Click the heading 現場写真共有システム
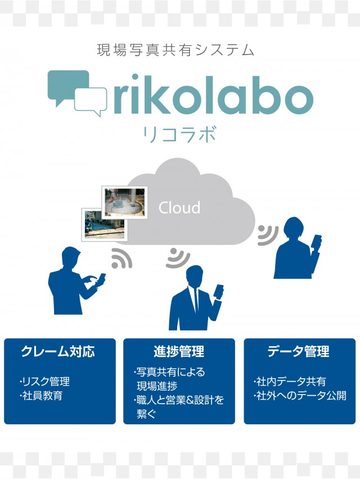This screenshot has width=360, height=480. click(175, 50)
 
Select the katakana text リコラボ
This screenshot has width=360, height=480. click(179, 135)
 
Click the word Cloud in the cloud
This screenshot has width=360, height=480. click(179, 207)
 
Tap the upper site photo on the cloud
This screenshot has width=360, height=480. click(124, 202)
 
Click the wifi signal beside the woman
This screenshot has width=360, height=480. click(268, 235)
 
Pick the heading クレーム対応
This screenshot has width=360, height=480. click(58, 352)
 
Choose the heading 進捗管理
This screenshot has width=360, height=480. click(179, 352)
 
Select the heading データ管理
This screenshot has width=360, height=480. click(298, 352)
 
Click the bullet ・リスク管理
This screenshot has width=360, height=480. click(44, 382)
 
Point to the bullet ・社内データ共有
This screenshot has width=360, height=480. click(290, 382)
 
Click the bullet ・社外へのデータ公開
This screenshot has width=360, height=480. click(300, 396)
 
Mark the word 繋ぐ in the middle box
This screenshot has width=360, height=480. click(146, 414)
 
